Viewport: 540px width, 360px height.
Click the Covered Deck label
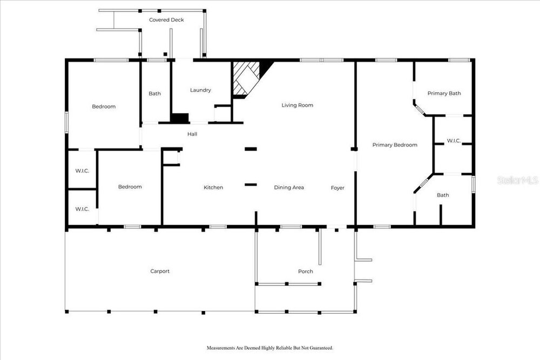coord(166,20)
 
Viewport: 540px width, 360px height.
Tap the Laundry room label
coord(200,90)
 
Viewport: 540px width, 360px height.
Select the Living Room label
coord(297,105)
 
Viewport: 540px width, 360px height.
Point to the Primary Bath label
coord(444,93)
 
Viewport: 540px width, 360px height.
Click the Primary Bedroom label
coord(395,145)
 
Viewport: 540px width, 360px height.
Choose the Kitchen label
coord(213,188)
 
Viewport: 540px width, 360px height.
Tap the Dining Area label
coord(288,188)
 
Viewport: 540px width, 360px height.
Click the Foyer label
coord(337,188)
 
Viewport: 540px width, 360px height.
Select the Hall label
coord(192,134)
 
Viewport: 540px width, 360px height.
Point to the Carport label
coord(160,271)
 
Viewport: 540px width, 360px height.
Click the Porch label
coord(306,271)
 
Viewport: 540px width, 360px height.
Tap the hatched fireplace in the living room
coord(246,78)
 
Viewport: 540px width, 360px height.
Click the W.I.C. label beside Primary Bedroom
coord(454,141)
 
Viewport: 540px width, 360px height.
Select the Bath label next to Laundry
coord(154,93)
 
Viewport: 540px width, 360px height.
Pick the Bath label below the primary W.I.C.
coord(443,195)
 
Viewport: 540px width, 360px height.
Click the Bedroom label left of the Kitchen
coord(130,187)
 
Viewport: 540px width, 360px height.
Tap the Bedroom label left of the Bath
coord(104,107)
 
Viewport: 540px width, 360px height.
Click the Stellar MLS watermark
coord(518,180)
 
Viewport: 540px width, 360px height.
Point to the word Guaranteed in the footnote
coord(321,348)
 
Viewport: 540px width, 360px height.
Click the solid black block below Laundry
coord(180,118)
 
